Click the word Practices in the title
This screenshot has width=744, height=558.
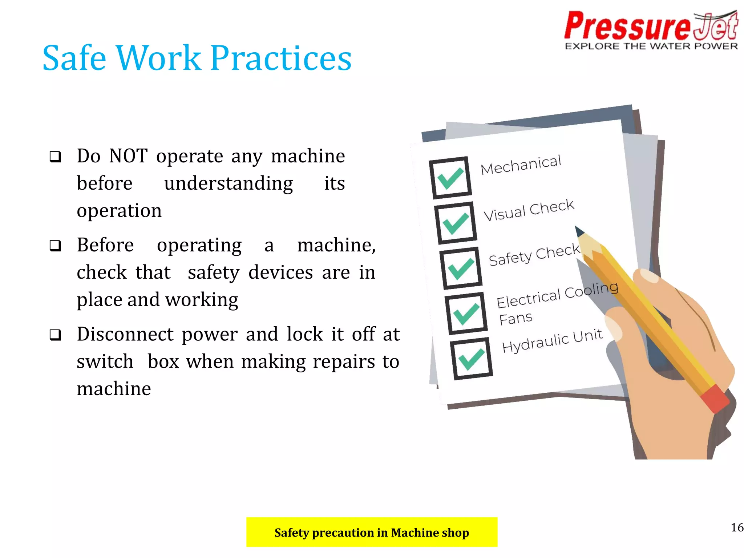(x=281, y=58)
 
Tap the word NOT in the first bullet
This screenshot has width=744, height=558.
(x=128, y=156)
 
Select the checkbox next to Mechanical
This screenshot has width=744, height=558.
(x=450, y=178)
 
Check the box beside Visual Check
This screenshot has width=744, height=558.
(x=456, y=223)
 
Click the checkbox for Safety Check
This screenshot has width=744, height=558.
(x=461, y=268)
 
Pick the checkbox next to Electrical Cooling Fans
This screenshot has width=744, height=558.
(x=466, y=313)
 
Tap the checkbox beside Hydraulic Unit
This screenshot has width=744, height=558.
(x=471, y=359)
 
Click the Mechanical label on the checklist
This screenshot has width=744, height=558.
(x=521, y=165)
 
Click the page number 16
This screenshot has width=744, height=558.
(x=737, y=527)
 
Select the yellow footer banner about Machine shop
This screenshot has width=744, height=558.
(x=372, y=532)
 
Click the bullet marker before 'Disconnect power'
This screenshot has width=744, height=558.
(x=55, y=335)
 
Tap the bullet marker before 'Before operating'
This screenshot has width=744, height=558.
(x=55, y=246)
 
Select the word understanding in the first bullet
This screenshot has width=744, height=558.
(x=228, y=183)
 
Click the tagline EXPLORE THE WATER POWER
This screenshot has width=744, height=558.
(x=651, y=46)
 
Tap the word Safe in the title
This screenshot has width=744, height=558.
(x=74, y=58)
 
